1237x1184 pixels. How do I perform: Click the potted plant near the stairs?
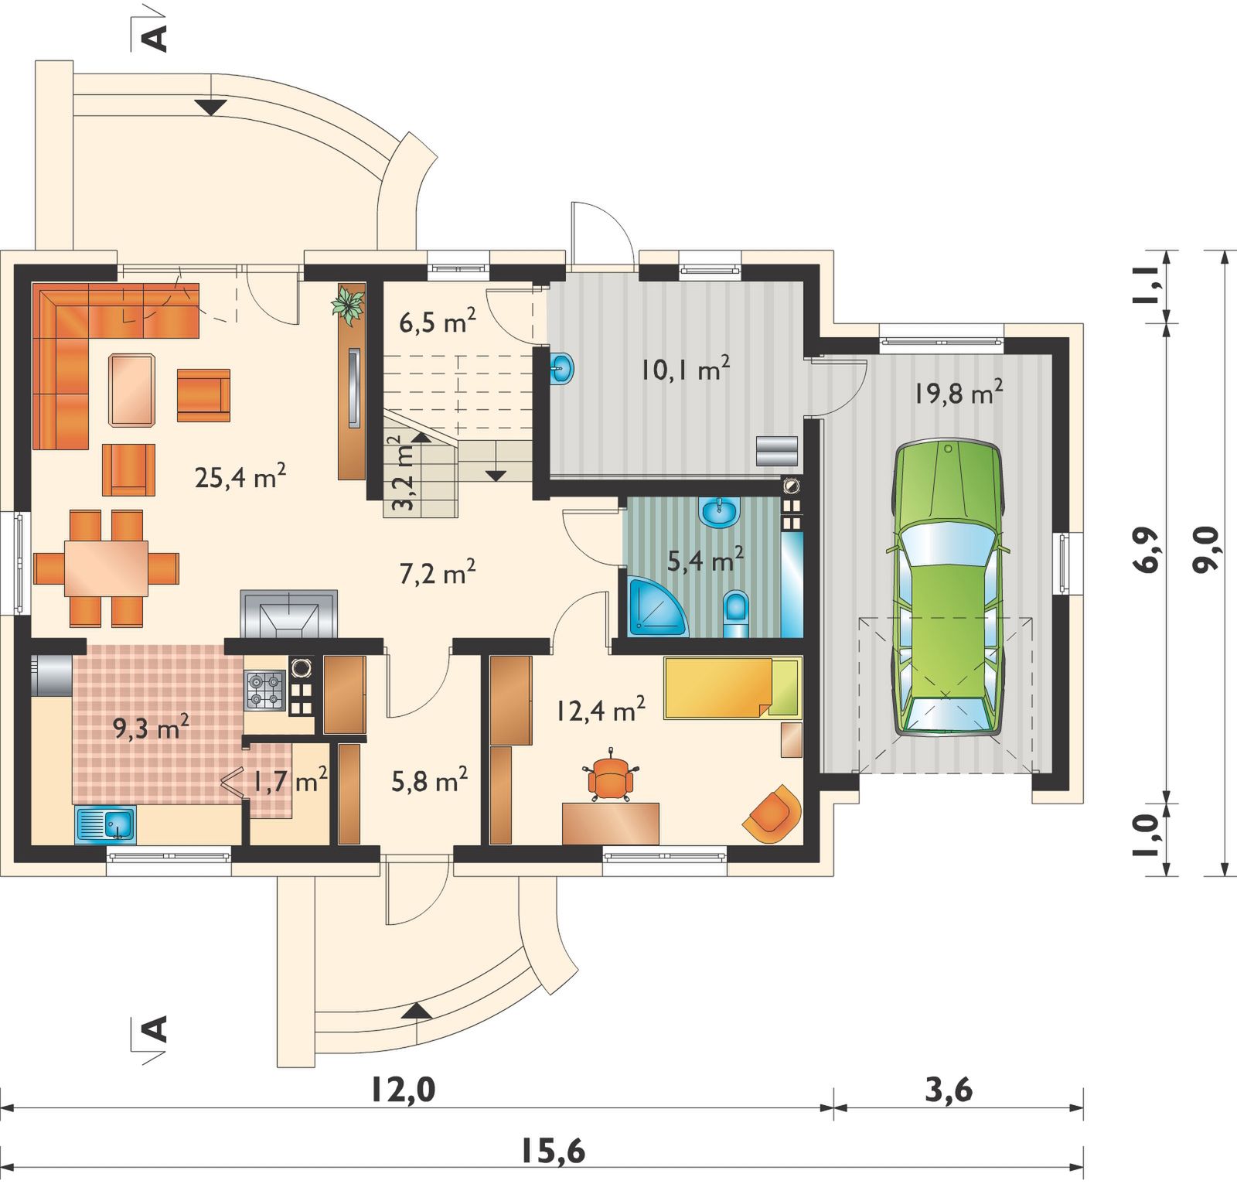349,303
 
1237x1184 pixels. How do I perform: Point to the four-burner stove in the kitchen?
266,690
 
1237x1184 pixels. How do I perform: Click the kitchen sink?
106,824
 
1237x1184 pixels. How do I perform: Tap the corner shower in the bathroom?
656,607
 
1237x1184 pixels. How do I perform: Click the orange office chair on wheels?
611,778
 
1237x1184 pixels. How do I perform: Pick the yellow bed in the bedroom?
731,688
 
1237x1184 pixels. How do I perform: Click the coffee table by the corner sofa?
131,390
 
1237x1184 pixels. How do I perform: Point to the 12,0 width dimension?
403,1090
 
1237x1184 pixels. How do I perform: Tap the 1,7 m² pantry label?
285,782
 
